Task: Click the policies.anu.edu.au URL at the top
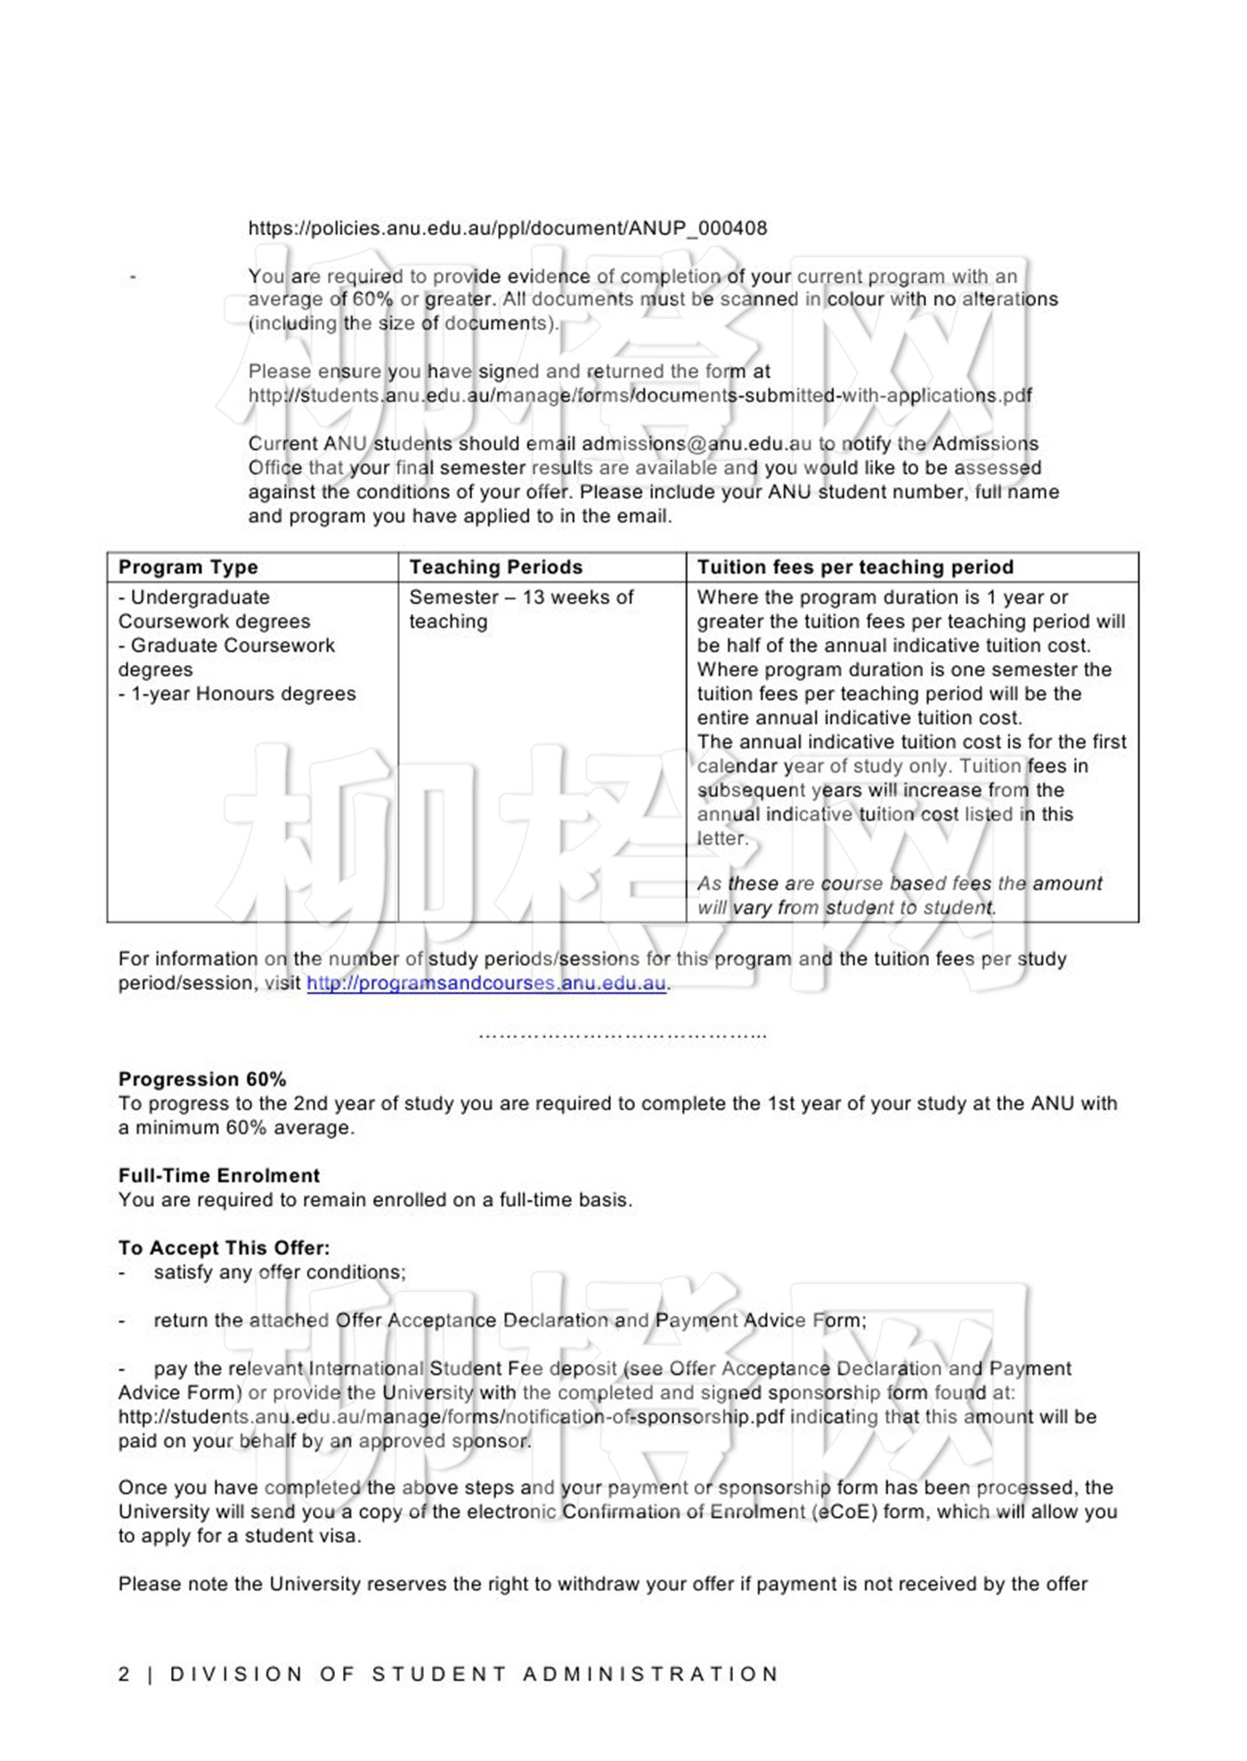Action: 507,228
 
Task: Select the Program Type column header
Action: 188,567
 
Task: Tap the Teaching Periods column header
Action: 495,567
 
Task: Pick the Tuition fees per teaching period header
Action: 855,567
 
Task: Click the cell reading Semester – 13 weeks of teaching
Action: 521,609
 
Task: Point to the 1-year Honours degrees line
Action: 237,694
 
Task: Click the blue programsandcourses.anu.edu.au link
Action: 486,983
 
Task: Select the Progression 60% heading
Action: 202,1079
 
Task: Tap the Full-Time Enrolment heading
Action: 219,1175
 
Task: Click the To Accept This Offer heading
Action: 224,1247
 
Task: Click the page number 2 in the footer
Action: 124,1674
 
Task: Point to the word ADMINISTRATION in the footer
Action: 651,1674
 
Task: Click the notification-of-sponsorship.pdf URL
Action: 452,1416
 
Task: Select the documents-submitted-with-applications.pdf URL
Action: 640,395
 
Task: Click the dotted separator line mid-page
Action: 623,1035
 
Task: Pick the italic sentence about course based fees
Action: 900,895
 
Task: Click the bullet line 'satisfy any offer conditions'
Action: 279,1272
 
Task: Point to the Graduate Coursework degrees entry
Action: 226,657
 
